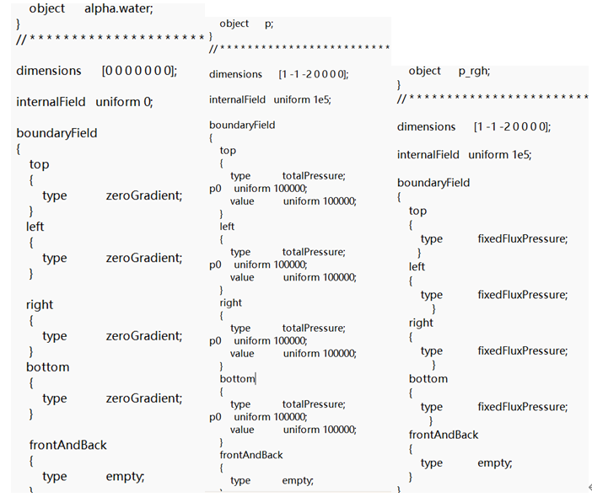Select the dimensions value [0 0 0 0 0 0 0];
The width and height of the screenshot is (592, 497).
click(x=139, y=71)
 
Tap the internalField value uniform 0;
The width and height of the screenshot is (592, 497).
click(x=124, y=102)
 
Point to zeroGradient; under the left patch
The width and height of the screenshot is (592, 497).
click(x=143, y=258)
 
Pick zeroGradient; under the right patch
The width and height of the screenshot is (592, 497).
click(x=143, y=335)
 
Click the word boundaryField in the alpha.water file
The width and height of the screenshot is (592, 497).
click(x=57, y=133)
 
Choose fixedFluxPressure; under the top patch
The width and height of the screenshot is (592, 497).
click(x=523, y=238)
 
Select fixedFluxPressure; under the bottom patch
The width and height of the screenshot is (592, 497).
click(x=523, y=407)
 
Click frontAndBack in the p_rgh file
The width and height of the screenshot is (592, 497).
click(x=444, y=435)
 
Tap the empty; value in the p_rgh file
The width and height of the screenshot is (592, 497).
click(x=495, y=462)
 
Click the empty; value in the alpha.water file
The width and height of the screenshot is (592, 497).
click(x=125, y=476)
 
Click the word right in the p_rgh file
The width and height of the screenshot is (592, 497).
click(x=421, y=323)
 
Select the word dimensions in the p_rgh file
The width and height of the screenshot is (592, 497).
click(x=426, y=126)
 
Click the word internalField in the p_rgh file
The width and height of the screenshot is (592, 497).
click(x=428, y=155)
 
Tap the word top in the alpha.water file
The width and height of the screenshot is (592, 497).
click(x=39, y=164)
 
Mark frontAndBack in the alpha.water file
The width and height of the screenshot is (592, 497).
click(x=67, y=445)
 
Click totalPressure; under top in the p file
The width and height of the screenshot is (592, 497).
click(x=314, y=176)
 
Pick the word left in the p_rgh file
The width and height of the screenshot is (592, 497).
click(x=417, y=266)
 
